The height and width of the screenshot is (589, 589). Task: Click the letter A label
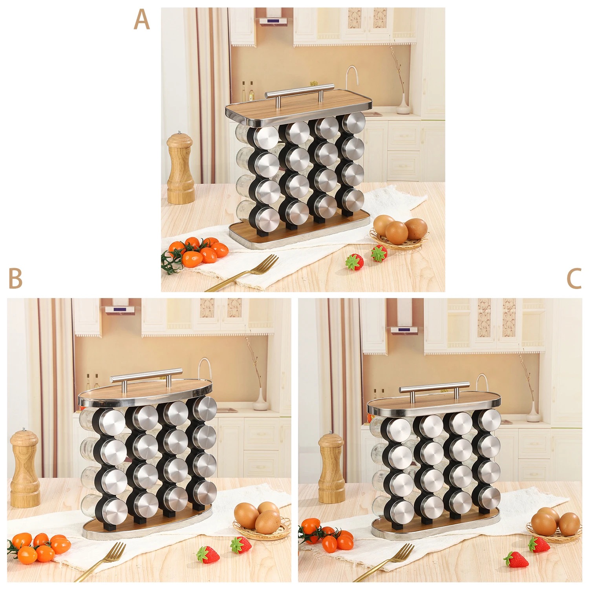[141, 20]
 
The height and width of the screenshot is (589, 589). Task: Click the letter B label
[15, 278]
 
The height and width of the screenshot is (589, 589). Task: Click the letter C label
[574, 279]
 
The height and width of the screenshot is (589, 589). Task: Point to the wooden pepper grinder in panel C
[331, 468]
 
